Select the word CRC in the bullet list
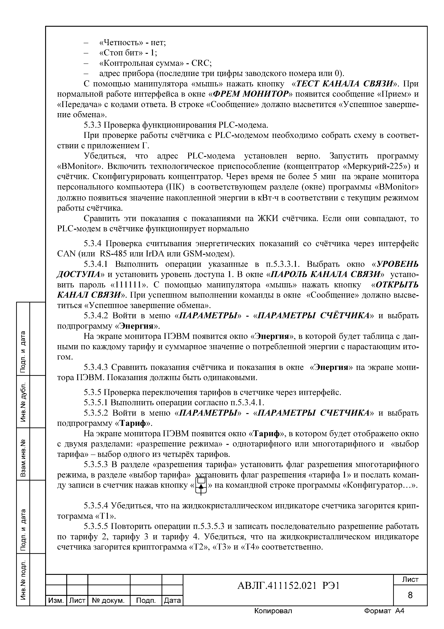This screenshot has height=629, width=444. pos(201,63)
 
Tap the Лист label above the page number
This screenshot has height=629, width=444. pos(410,579)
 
